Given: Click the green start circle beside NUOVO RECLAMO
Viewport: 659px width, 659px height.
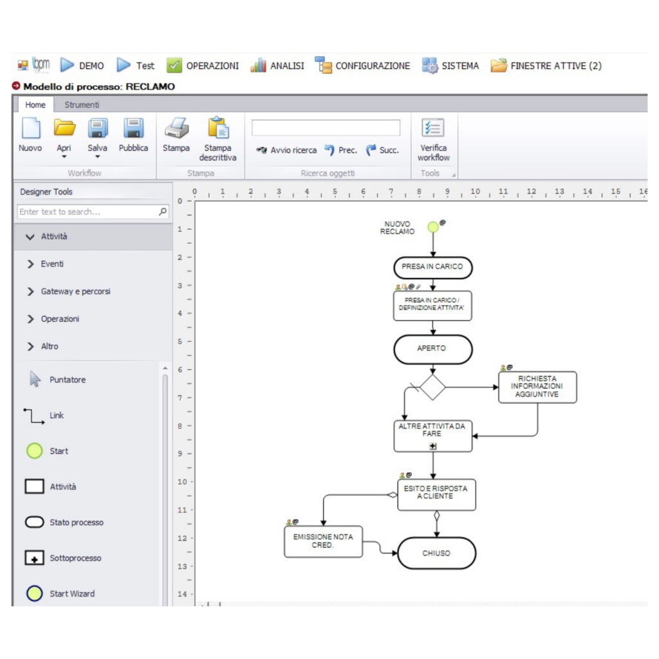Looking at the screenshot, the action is [433, 227].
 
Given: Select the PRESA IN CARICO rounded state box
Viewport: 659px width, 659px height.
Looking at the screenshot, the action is [433, 267].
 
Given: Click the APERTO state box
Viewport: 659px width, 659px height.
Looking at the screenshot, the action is [433, 349].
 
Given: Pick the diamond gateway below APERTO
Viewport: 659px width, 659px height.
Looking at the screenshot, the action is [432, 387].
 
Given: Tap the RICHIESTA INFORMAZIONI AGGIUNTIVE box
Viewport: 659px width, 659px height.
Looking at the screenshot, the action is [537, 387].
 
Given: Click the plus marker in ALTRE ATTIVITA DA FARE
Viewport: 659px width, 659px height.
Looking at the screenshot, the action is [433, 447].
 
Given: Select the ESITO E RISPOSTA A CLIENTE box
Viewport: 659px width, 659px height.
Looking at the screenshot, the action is [437, 495].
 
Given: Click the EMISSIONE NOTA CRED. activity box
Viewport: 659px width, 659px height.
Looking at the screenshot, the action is [323, 541].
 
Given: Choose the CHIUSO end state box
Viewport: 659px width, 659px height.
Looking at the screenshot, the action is [437, 553].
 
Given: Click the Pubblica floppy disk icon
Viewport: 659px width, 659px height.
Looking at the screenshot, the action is [133, 128].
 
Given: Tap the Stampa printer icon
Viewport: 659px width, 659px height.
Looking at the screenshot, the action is [176, 128].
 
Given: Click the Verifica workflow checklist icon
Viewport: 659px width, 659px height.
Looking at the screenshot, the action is [433, 128].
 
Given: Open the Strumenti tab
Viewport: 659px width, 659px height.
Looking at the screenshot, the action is [82, 105].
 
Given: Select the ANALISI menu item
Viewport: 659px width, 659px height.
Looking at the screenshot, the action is [277, 66].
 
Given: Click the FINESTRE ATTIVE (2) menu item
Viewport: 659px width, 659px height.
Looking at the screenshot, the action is [546, 66].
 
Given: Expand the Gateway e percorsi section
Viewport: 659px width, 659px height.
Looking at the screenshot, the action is [76, 292].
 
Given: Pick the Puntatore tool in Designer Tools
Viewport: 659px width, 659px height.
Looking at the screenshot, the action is [57, 380].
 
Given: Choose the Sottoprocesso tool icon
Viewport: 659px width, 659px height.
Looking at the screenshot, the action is [35, 558].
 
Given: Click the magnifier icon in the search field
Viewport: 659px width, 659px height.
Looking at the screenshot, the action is [163, 211].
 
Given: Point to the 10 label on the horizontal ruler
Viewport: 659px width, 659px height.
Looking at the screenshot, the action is [476, 192].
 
